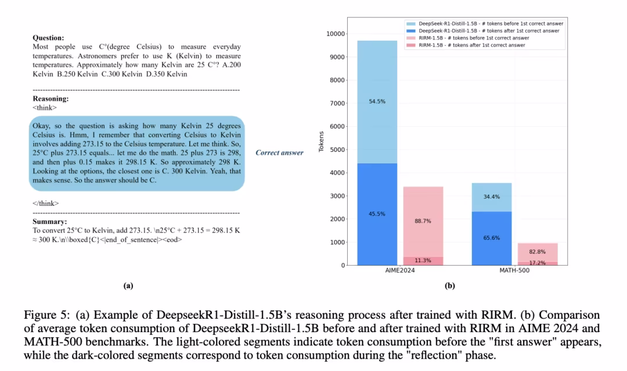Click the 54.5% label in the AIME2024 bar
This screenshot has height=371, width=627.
[377, 101]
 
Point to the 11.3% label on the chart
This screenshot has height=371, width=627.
[423, 261]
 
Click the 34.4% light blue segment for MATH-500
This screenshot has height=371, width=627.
[491, 197]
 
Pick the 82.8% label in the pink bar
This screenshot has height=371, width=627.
[537, 251]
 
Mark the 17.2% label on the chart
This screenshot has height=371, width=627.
[537, 263]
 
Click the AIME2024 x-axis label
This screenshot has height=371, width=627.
[400, 271]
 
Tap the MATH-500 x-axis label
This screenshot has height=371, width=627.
[514, 271]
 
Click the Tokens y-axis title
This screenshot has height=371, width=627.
[321, 142]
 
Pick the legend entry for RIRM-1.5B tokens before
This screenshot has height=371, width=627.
[471, 38]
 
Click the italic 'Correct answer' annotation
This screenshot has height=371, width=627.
[279, 153]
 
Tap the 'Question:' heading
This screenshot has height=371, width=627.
[48, 38]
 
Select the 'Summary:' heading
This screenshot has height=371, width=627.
[49, 222]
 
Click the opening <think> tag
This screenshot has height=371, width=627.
[45, 108]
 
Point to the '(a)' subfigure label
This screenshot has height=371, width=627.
[128, 286]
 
